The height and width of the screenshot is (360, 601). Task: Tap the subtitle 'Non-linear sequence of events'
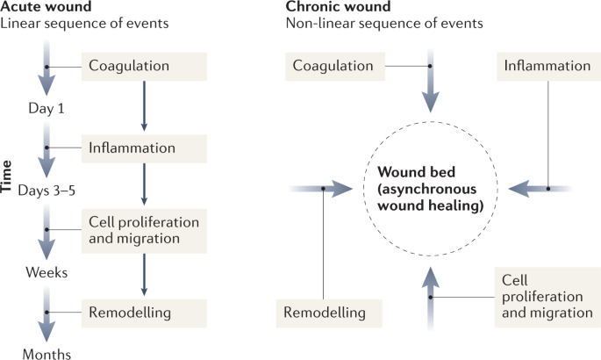pyautogui.click(x=383, y=23)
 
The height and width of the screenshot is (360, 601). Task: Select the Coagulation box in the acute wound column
pyautogui.click(x=145, y=66)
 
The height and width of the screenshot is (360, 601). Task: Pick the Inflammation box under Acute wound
pyautogui.click(x=145, y=147)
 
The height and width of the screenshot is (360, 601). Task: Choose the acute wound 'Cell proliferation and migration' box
pyautogui.click(x=145, y=228)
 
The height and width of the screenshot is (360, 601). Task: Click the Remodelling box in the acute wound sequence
pyautogui.click(x=145, y=311)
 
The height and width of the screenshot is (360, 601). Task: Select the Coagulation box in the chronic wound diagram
pyautogui.click(x=333, y=66)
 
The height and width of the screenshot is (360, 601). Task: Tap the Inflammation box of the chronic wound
pyautogui.click(x=544, y=66)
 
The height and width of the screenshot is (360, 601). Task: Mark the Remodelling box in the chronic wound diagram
pyautogui.click(x=323, y=311)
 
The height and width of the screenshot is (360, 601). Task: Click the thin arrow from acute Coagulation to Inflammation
pyautogui.click(x=144, y=104)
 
